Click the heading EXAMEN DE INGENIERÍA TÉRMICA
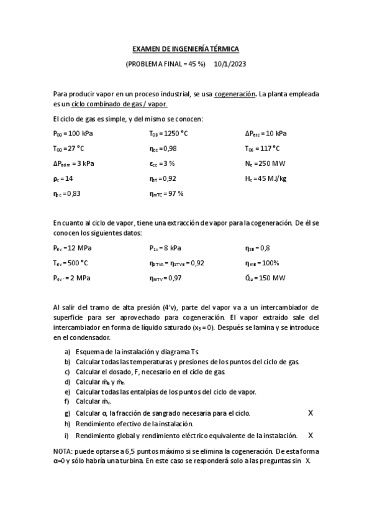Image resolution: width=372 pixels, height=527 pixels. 186,49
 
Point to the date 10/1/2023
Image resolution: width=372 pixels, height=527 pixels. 230,64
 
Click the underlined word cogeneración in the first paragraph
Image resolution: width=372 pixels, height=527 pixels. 235,94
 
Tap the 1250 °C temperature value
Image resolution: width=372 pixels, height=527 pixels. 177,134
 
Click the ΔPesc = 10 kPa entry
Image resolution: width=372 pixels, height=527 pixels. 266,134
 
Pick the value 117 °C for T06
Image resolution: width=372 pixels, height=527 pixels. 271,149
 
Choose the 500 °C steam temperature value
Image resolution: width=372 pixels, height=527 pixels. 77,263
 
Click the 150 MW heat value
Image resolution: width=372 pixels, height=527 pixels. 273,278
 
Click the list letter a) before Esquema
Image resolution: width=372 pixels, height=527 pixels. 67,352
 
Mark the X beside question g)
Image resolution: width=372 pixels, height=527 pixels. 311,413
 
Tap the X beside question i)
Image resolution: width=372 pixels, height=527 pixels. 311,435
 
